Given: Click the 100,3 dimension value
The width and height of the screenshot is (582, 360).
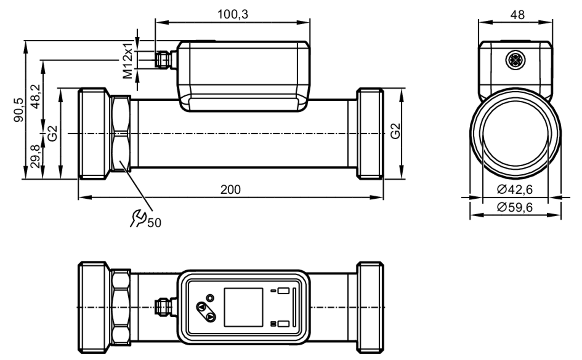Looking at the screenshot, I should coord(233,14).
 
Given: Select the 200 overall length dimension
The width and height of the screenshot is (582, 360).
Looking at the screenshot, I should coord(230,190).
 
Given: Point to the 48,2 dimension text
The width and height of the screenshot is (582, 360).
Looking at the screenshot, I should coord(36,97).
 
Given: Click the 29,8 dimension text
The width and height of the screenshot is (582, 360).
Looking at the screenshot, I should coord(36,156).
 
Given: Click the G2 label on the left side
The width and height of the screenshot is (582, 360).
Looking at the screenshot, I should coord(53,133).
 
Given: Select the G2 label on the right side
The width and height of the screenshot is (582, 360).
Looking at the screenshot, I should coord(395,131).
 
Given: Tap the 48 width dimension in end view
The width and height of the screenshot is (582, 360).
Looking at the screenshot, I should coord(517,15).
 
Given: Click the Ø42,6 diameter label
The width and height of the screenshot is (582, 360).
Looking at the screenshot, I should coord(515,190).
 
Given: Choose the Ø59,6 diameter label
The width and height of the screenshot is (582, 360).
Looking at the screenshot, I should coord(515,207).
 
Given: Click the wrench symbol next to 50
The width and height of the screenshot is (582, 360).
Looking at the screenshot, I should coord(138,218).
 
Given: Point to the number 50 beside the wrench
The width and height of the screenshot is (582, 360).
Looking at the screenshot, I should coord(154,223).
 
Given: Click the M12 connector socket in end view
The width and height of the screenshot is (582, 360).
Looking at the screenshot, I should coord(515,60).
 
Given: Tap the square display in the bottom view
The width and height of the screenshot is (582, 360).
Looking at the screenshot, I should coord(244,307).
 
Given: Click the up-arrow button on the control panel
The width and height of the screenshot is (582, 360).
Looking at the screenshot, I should coord(201,307).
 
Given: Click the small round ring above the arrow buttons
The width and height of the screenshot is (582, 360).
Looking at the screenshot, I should coord(210,298).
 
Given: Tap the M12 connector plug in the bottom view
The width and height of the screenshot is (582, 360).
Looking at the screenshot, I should coord(163,307).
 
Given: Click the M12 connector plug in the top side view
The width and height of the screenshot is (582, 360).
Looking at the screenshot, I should coord(163,60).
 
